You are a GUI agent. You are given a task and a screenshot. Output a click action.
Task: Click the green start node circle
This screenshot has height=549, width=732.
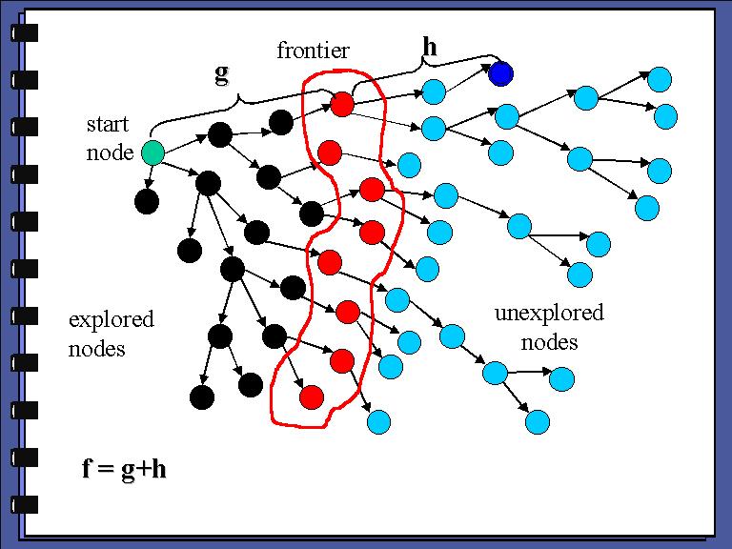coord(152,152)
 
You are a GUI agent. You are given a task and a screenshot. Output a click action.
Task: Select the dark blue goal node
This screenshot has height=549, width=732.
coord(501,72)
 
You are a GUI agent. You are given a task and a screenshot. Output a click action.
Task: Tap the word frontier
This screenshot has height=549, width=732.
coord(313,51)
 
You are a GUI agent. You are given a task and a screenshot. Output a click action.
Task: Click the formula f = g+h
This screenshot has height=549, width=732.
coord(124,469)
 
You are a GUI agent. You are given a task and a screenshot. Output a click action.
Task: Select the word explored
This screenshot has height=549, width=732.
coord(111,319)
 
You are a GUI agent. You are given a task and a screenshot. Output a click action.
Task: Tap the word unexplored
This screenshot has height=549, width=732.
coord(549,314)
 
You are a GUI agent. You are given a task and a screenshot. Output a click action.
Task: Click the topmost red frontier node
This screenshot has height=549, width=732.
coord(342,103)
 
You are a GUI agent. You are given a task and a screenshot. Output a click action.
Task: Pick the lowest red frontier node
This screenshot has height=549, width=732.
coord(309,396)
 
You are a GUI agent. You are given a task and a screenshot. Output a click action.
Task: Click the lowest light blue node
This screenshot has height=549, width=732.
coord(378,421)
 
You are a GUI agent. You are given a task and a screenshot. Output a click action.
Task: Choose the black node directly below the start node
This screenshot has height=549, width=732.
coord(146,201)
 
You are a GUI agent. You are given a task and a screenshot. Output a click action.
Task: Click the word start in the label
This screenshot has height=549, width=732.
coord(109,124)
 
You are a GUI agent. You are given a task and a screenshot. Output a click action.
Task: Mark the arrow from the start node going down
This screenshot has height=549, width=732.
coord(149,177)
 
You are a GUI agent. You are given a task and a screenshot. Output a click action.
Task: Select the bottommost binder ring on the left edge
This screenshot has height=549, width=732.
coord(25,504)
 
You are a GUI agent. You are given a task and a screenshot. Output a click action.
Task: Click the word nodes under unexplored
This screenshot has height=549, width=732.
coord(549,341)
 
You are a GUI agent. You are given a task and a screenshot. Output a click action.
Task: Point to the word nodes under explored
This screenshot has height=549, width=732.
coord(97,348)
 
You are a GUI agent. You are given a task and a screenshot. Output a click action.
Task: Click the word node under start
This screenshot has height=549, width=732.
coord(110,152)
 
